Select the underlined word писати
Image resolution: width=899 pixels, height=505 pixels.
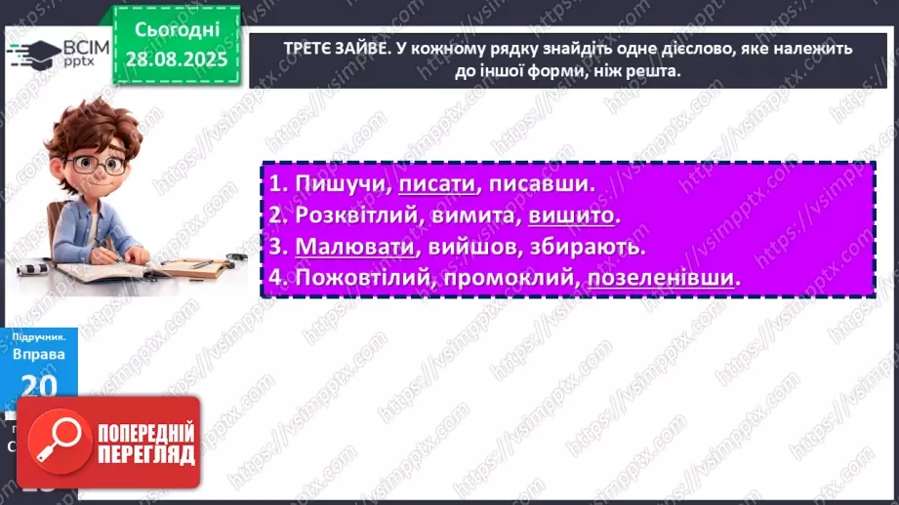click(x=436, y=184)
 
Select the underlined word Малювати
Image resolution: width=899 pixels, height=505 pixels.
click(x=347, y=247)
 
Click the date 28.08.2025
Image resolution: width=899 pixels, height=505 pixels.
click(x=175, y=59)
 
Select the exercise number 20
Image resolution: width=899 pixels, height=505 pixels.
click(x=39, y=387)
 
